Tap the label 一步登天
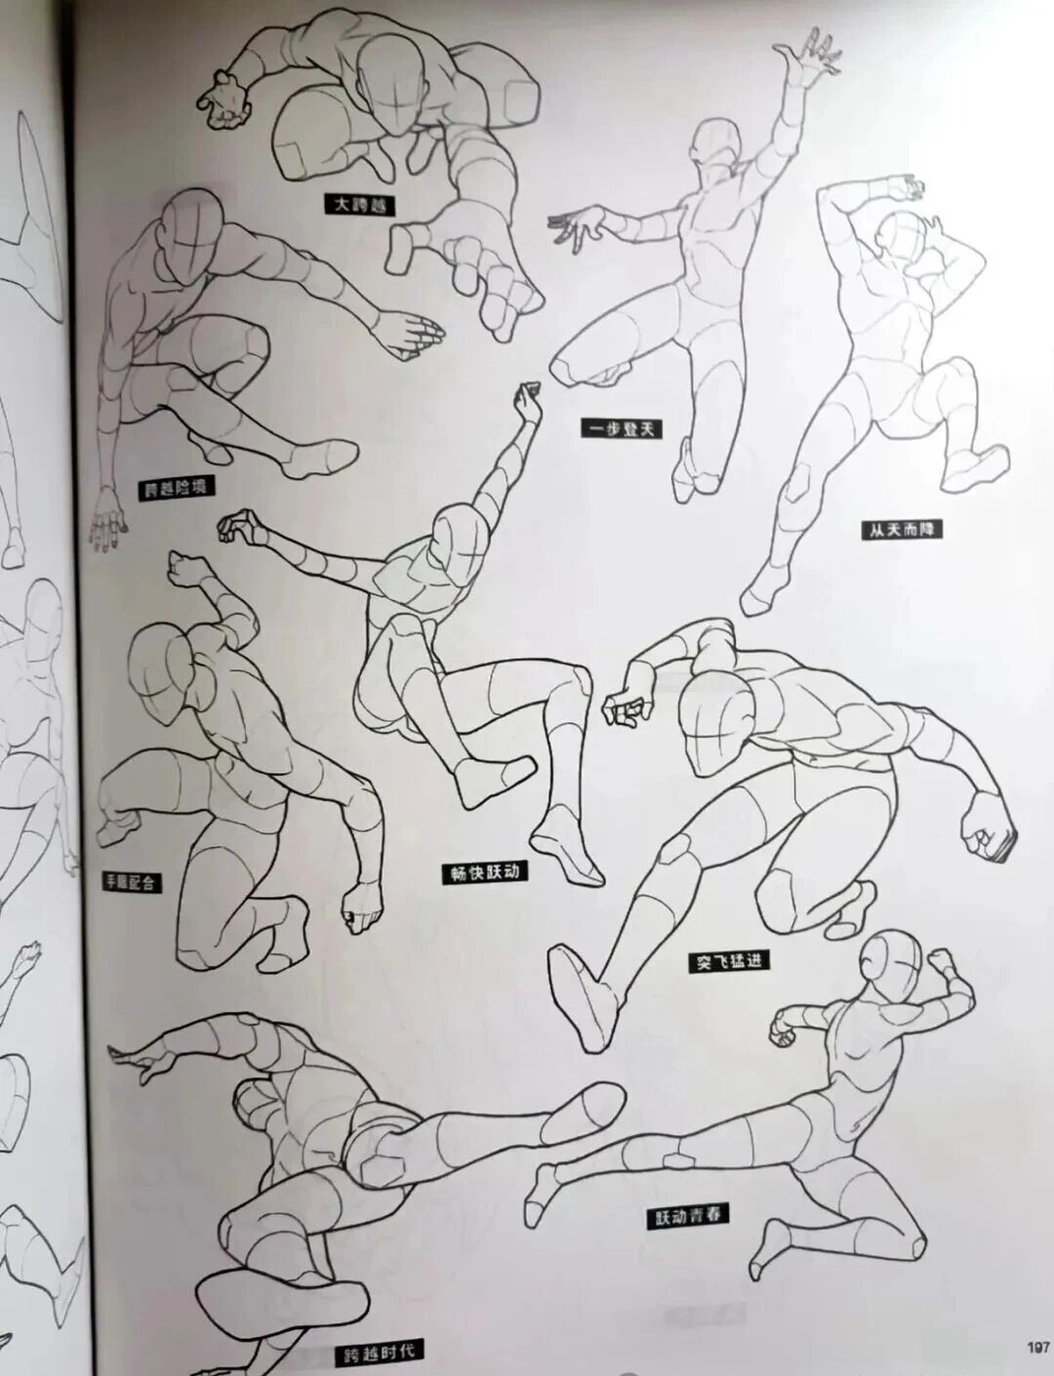pos(617,427)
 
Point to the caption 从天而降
pos(894,531)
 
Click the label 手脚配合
pos(132,882)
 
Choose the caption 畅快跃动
pos(482,871)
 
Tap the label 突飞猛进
pos(723,960)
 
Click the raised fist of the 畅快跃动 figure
pos(529,401)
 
